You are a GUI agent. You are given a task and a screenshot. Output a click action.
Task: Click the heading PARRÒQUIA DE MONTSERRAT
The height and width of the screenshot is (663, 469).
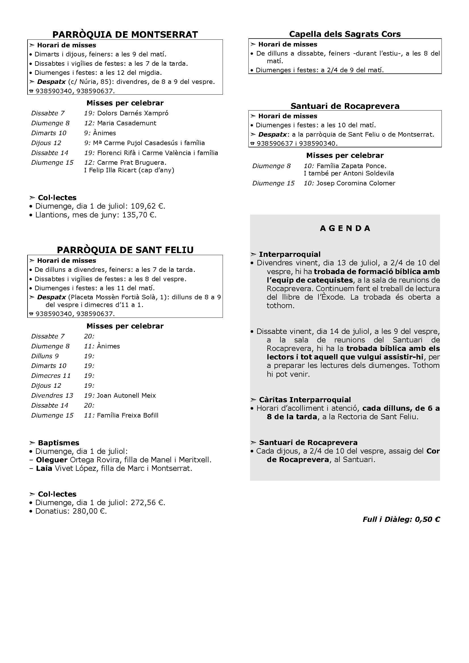(x=125, y=34)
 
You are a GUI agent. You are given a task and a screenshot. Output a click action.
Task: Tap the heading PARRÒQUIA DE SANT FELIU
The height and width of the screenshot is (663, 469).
(x=125, y=250)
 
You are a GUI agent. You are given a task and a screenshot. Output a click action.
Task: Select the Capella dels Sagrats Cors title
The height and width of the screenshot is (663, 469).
(x=345, y=34)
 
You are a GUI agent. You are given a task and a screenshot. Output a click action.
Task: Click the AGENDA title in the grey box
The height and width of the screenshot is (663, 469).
(x=345, y=228)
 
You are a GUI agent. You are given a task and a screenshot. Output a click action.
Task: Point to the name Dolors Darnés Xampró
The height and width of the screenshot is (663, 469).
(x=132, y=113)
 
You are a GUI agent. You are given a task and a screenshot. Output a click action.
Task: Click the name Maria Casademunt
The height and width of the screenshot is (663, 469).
(x=126, y=123)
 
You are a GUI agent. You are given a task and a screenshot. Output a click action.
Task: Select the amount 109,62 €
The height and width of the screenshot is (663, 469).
(x=147, y=206)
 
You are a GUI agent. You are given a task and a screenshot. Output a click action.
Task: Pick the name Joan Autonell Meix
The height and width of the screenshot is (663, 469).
(x=126, y=395)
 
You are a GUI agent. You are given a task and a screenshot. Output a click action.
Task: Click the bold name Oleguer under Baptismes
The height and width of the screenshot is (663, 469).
(x=52, y=460)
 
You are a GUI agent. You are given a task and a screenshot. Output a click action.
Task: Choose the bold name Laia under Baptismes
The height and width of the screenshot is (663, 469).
(x=44, y=468)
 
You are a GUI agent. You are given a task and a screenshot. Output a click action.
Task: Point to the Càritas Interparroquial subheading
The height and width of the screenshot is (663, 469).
(x=305, y=400)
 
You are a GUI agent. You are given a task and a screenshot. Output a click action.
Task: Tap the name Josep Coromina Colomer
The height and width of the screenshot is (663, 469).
(x=356, y=183)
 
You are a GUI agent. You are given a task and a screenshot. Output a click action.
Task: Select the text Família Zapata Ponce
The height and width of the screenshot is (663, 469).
(x=351, y=166)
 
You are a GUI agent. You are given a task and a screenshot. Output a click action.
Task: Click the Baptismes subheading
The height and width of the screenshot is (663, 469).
(x=58, y=443)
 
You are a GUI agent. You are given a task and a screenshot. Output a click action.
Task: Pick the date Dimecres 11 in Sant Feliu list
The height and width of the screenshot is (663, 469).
(x=51, y=376)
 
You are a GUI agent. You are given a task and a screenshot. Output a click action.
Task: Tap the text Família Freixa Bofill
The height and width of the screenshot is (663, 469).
(x=128, y=415)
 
